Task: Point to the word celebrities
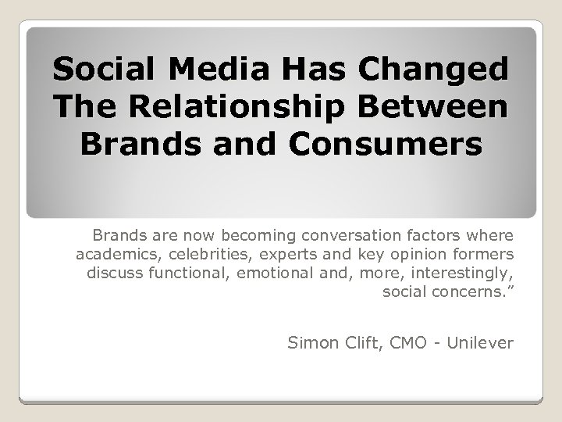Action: (194, 253)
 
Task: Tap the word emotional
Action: (266, 273)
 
